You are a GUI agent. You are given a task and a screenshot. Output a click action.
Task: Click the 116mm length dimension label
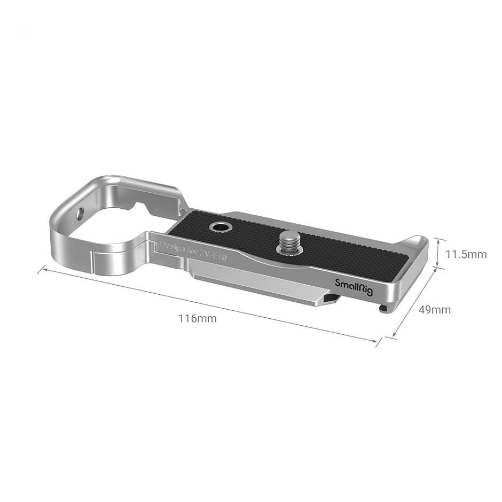(x=197, y=319)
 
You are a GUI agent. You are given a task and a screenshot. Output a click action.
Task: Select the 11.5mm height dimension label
(x=466, y=254)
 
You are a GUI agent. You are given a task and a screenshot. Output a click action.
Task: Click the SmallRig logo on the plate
(x=351, y=283)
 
